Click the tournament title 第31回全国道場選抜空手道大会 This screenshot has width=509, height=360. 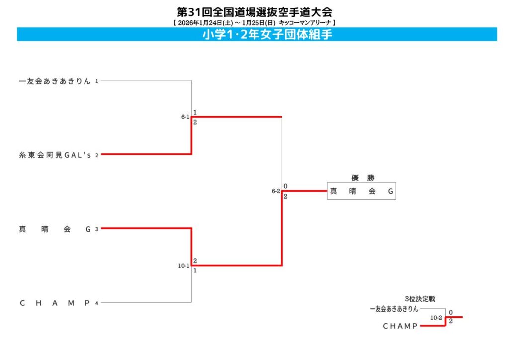pos(254,11)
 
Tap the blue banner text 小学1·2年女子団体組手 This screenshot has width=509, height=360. pos(267,34)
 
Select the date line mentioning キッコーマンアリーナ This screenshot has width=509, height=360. pos(254,22)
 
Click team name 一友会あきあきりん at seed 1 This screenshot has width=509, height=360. pos(55,81)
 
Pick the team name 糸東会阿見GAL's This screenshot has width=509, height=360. pos(55,155)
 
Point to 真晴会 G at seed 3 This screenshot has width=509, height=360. pos(55,229)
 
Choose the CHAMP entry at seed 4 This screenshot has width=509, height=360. pos(55,303)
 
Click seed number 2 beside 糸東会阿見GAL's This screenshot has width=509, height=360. pos(97,155)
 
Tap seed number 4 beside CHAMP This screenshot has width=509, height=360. pos(97,303)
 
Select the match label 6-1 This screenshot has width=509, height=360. pos(185,117)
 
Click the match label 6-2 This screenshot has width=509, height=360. pos(276,191)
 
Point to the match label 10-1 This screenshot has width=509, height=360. pos(184,266)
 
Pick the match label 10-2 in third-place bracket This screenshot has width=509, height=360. pos(436,317)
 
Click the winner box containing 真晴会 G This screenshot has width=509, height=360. pos(361,191)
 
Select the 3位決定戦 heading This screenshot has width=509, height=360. pos(420,299)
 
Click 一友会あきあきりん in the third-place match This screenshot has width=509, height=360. pos(394,309)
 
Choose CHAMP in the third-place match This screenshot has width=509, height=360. pos(400,326)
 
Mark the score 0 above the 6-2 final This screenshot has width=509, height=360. pos(285,186)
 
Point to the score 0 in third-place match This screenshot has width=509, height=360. pos(451,313)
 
